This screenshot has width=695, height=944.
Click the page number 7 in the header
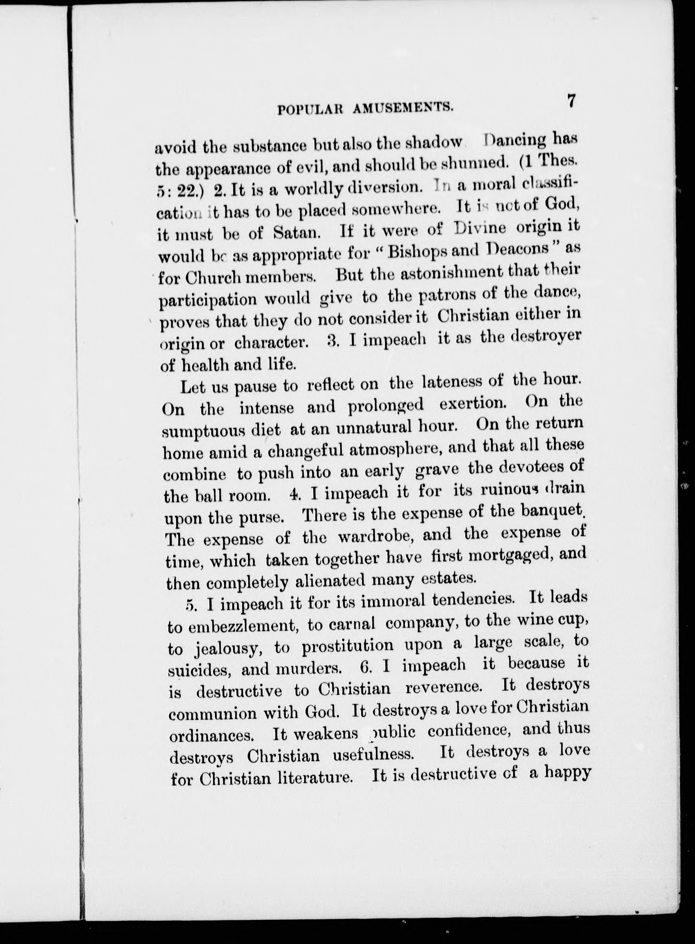tap(571, 101)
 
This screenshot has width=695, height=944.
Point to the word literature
tap(315, 778)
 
